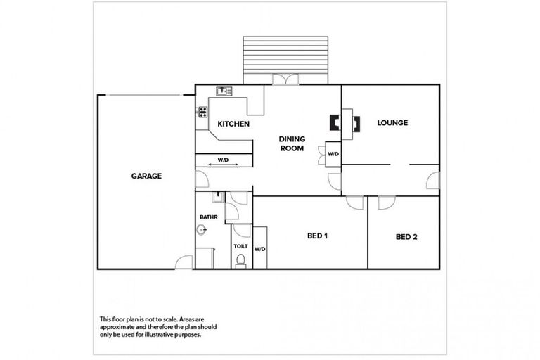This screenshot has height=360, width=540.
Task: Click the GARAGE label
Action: pyautogui.click(x=146, y=176)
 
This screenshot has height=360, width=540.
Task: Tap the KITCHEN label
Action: pyautogui.click(x=233, y=124)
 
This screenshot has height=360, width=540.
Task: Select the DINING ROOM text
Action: pyautogui.click(x=291, y=143)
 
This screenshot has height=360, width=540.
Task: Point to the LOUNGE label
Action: pyautogui.click(x=392, y=122)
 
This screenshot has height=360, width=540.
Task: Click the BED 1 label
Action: pyautogui.click(x=318, y=236)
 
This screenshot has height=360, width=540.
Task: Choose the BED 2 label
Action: pyautogui.click(x=406, y=237)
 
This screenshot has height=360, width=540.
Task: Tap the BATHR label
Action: pyautogui.click(x=208, y=217)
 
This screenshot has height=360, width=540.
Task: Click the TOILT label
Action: pyautogui.click(x=240, y=246)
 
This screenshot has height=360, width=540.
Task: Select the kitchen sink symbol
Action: pyautogui.click(x=225, y=91)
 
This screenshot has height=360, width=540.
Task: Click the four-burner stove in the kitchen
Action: pyautogui.click(x=202, y=111)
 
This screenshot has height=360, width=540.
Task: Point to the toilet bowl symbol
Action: pyautogui.click(x=241, y=261)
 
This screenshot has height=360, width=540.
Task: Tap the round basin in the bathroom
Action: pyautogui.click(x=202, y=230)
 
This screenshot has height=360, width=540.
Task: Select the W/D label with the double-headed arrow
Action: pyautogui.click(x=223, y=160)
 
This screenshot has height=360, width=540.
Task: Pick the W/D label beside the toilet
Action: pyautogui.click(x=259, y=249)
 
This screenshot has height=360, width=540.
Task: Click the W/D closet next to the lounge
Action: pyautogui.click(x=332, y=154)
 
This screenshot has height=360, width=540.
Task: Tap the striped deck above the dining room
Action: pyautogui.click(x=285, y=59)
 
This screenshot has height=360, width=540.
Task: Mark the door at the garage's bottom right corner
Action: pyautogui.click(x=184, y=262)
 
